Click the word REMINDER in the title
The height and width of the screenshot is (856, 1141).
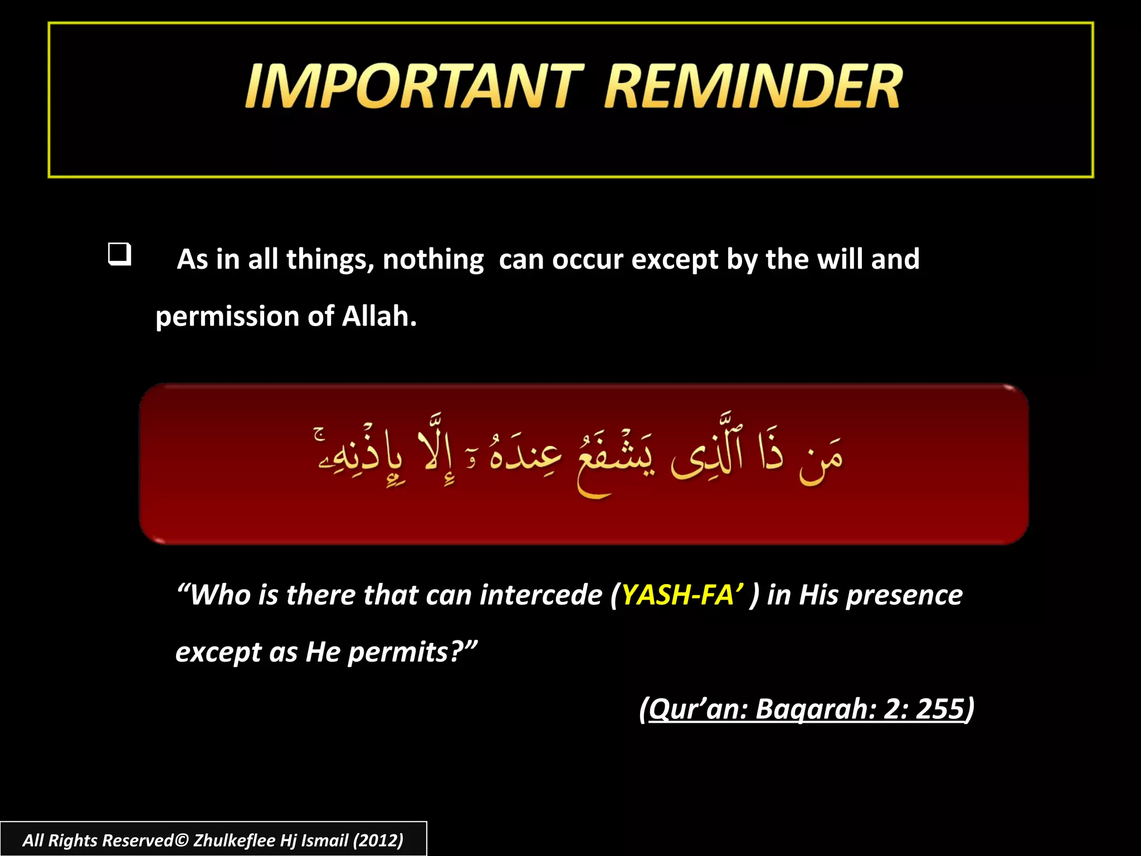(x=753, y=86)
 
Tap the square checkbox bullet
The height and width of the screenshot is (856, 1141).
(x=119, y=254)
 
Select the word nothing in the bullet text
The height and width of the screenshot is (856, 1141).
(x=433, y=260)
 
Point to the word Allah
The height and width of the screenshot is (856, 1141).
(x=379, y=317)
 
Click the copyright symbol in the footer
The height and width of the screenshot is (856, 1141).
(x=182, y=840)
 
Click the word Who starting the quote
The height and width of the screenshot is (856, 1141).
(x=218, y=595)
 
